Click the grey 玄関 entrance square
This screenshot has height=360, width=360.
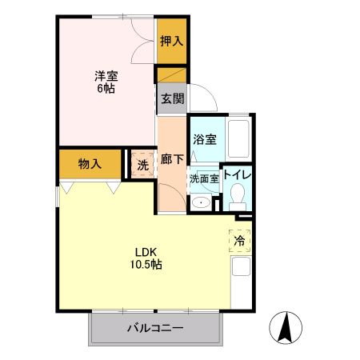pyautogui.click(x=171, y=99)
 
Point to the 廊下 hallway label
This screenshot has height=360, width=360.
pyautogui.click(x=171, y=160)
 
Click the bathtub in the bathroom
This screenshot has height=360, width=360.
pyautogui.click(x=239, y=139)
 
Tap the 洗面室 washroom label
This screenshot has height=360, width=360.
pyautogui.click(x=204, y=179)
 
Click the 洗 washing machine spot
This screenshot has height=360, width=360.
pyautogui.click(x=142, y=166)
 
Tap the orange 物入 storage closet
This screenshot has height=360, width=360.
pyautogui.click(x=90, y=164)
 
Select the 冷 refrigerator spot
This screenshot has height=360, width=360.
pyautogui.click(x=239, y=238)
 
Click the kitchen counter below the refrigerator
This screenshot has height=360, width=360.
pyautogui.click(x=242, y=280)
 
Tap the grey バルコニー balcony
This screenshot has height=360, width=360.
pyautogui.click(x=154, y=328)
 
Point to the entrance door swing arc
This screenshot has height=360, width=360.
pyautogui.click(x=202, y=100)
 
